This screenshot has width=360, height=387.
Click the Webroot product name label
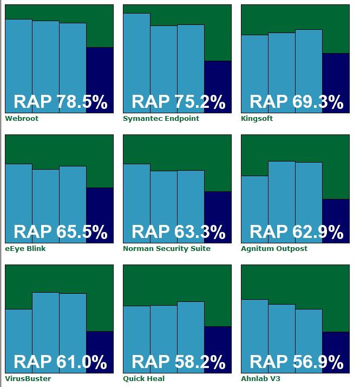click(x=22, y=118)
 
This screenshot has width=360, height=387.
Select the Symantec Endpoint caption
click(x=161, y=118)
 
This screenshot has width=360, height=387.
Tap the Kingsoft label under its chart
click(x=257, y=118)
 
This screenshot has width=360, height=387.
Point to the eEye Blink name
click(x=25, y=248)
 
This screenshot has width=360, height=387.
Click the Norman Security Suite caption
click(x=166, y=248)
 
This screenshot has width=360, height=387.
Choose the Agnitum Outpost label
click(x=274, y=248)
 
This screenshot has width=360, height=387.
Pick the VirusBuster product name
click(x=25, y=378)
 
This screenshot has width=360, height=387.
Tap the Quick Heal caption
click(x=143, y=378)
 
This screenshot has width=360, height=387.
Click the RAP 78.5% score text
click(x=60, y=102)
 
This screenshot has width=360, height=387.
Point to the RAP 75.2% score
click(x=178, y=102)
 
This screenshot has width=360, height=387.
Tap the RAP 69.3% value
click(x=296, y=102)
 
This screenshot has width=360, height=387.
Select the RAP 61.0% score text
click(x=60, y=362)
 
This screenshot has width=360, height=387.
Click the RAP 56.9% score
click(x=296, y=362)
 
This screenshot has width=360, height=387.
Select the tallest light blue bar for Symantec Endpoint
click(x=136, y=54)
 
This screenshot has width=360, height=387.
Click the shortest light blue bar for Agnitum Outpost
click(x=254, y=201)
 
